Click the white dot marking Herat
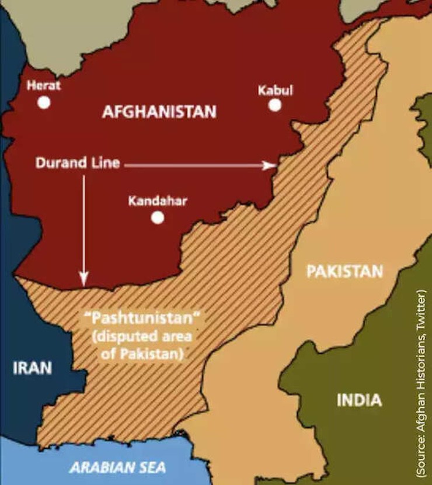44,103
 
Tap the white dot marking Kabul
274,105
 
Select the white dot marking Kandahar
157,218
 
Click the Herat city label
44,85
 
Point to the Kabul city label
275,90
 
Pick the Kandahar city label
158,201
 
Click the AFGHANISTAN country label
159,112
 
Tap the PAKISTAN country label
344,271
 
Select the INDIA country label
359,400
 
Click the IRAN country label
32,368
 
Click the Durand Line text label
77,163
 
